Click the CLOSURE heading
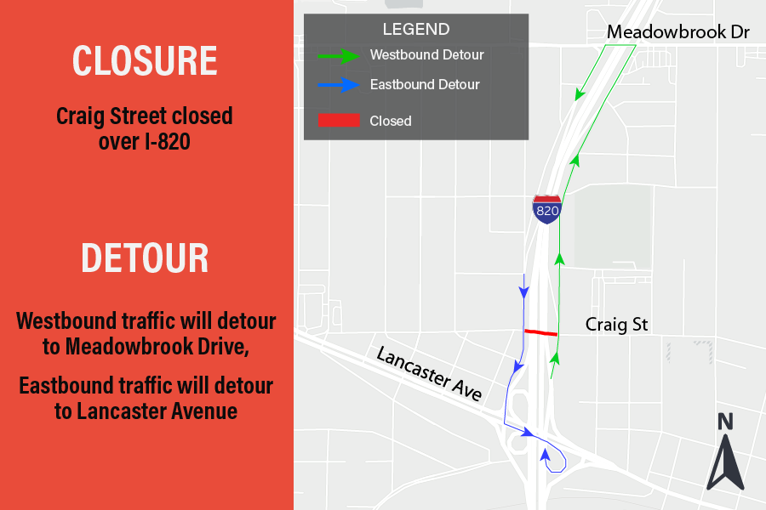coord(145,60)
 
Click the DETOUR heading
coord(145,258)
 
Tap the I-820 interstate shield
coord(547,208)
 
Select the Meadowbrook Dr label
coord(677,32)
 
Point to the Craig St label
coord(616,325)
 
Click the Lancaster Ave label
coord(431,374)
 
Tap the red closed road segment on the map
coord(540,332)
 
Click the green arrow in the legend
coord(339,56)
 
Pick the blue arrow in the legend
coord(339,85)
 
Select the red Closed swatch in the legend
coord(339,121)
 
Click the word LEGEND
coord(416,30)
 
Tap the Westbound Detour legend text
coord(426,55)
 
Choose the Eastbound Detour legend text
coord(425,85)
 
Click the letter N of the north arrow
coord(725,421)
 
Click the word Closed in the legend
coord(391,121)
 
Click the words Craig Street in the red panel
coord(109,116)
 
